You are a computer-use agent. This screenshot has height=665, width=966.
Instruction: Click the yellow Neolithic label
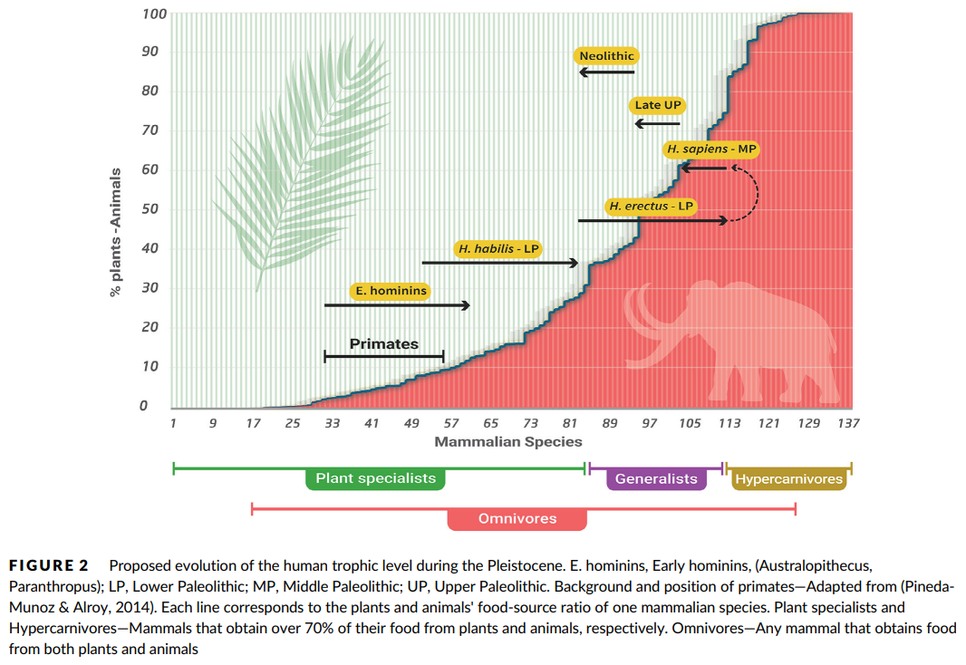tap(606, 56)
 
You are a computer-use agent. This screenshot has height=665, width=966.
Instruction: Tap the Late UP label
tap(658, 105)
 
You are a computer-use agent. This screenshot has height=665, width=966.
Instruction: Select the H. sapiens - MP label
tap(710, 149)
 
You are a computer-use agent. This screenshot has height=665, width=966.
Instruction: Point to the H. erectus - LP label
tap(652, 207)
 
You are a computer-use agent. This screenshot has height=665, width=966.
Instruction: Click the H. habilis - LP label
tap(498, 248)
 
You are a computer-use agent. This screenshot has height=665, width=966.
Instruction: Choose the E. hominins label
tap(390, 291)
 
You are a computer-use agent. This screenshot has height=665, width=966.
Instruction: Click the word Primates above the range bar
tap(384, 344)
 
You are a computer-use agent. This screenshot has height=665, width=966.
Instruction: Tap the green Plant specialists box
tap(375, 478)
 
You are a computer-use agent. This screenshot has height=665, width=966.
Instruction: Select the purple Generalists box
tap(656, 478)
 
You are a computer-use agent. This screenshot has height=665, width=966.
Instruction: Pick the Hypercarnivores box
tap(788, 478)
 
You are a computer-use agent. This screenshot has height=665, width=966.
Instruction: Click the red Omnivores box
tap(517, 519)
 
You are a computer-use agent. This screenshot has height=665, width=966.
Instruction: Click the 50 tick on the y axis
tap(149, 209)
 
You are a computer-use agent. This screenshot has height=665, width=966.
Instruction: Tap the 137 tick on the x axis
tap(848, 423)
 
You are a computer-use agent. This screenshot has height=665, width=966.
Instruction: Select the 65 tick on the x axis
tap(490, 423)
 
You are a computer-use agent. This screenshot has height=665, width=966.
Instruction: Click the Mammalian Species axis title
tap(508, 442)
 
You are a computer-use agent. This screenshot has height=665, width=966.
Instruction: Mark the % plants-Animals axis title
tap(115, 233)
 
